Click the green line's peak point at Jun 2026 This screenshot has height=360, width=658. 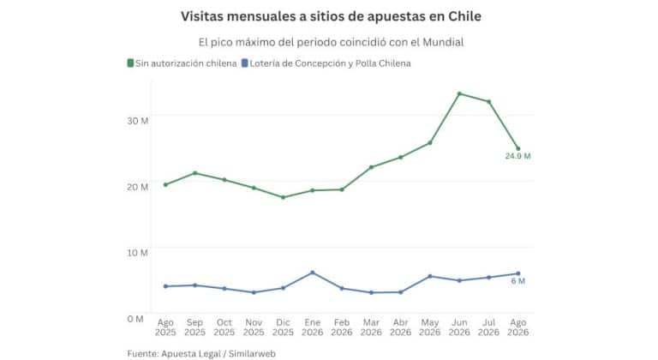(x=459, y=93)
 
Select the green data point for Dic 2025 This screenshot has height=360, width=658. (x=283, y=197)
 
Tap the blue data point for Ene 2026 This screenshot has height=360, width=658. (x=312, y=273)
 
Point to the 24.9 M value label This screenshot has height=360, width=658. (x=517, y=156)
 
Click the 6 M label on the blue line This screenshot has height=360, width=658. (x=517, y=281)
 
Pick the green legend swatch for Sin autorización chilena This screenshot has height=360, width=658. (x=130, y=63)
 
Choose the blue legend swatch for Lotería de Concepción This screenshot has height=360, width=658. (x=245, y=63)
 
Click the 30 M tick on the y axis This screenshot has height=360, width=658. (x=138, y=121)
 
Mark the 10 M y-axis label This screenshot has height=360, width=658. (x=138, y=253)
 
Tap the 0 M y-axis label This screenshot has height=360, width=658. (x=135, y=319)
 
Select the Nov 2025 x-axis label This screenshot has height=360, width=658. (x=254, y=327)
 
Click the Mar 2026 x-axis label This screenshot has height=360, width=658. (x=371, y=327)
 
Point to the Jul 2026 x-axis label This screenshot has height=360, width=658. (x=488, y=327)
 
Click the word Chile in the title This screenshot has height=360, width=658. (x=464, y=16)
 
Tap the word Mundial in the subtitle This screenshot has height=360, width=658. (x=443, y=42)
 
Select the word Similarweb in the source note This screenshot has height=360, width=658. (x=252, y=354)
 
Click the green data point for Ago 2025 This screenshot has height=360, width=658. (x=165, y=184)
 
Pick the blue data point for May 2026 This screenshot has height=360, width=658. (x=430, y=276)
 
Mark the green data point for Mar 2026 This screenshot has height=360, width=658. (x=371, y=167)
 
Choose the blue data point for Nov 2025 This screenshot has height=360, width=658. (x=254, y=292)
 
